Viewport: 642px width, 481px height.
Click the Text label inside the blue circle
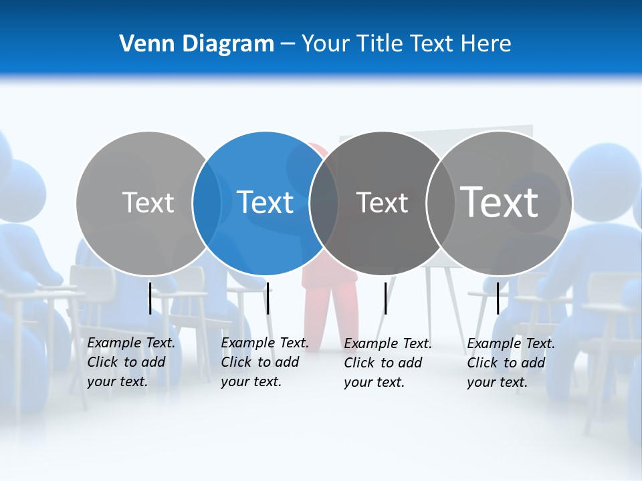click(x=265, y=202)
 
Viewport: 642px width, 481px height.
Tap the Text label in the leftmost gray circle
click(x=148, y=202)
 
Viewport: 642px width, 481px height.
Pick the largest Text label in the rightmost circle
click(x=500, y=202)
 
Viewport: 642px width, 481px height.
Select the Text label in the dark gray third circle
click(x=382, y=202)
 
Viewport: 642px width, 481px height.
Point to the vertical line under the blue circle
click(x=267, y=298)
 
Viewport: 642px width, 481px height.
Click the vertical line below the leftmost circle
click(x=150, y=298)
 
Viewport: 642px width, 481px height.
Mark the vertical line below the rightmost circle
click(x=498, y=298)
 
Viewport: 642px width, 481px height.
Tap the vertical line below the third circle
click(x=385, y=298)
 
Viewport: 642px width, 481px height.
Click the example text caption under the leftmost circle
click(x=130, y=362)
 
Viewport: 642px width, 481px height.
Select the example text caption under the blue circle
click(x=264, y=362)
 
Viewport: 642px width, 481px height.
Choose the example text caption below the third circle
click(x=387, y=363)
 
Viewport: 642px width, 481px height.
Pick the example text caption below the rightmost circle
click(x=510, y=363)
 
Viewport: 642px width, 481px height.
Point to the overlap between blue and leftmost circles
click(x=207, y=203)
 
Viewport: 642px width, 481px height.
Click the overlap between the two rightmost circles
click(x=440, y=203)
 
